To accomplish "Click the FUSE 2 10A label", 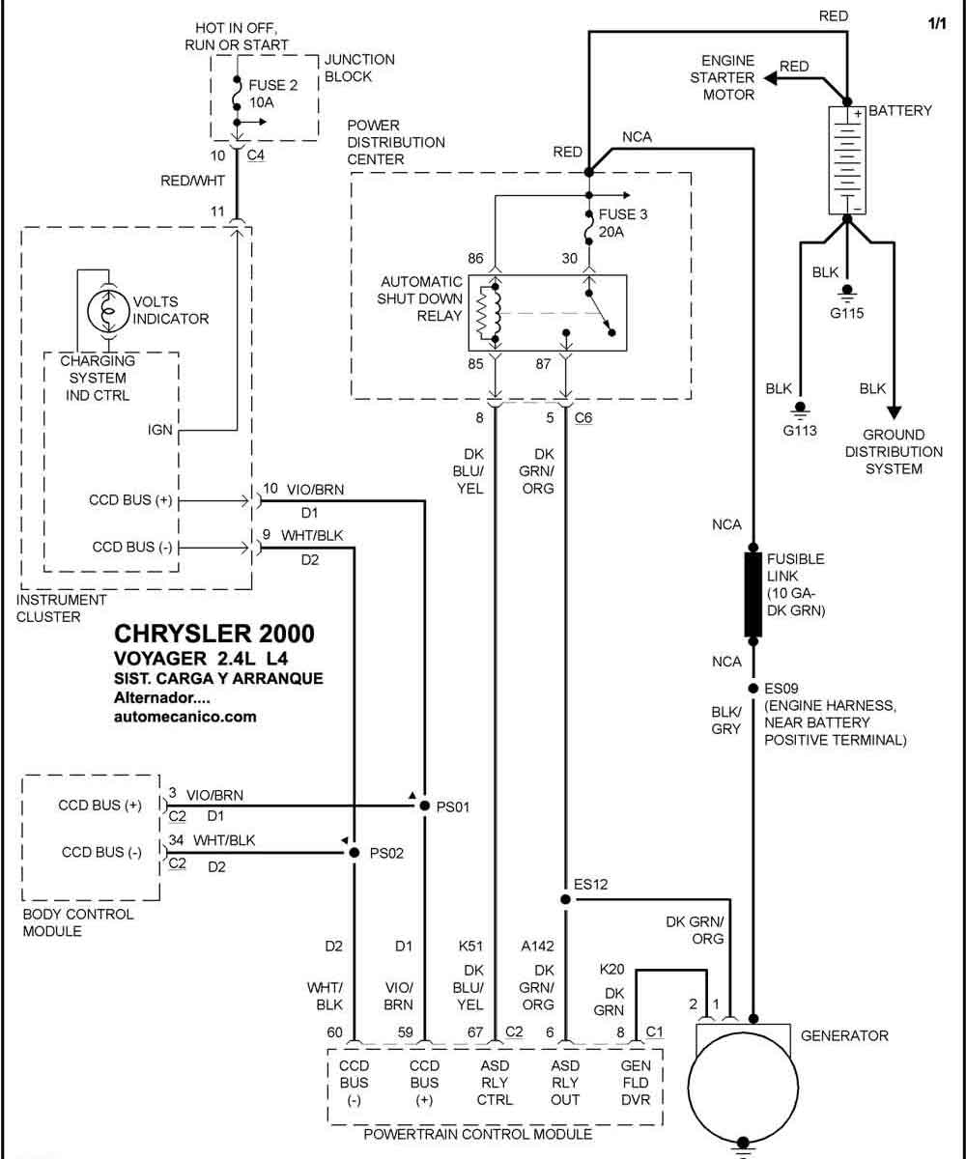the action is (x=272, y=94).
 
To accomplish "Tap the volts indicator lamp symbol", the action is (x=108, y=311).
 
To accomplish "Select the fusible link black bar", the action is (x=753, y=595).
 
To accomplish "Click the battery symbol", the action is (x=846, y=160).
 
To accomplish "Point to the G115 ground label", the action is (x=846, y=314).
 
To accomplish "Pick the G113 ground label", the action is (x=800, y=431).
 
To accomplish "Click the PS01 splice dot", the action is (x=424, y=806).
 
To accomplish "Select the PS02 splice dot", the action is (x=355, y=853).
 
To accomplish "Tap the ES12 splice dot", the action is (x=565, y=899).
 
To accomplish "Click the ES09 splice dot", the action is (x=753, y=689).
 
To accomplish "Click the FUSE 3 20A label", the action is (x=622, y=222).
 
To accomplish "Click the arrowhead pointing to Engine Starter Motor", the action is (x=770, y=79).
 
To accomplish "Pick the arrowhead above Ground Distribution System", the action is (x=894, y=413).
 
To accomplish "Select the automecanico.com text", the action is (x=185, y=717).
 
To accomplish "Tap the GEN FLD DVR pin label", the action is (x=636, y=1083).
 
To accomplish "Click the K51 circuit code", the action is (x=470, y=946).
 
